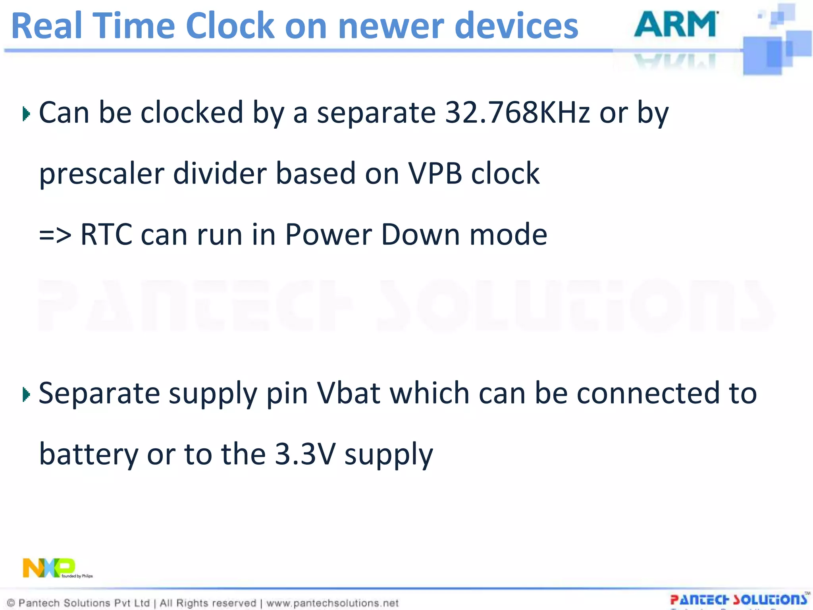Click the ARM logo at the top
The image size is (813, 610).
click(676, 25)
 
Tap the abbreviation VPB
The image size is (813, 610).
click(435, 174)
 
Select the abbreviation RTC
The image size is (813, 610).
click(106, 235)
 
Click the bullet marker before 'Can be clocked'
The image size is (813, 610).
click(26, 114)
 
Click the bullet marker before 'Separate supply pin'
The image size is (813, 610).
click(26, 395)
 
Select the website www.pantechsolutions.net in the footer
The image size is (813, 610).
click(332, 603)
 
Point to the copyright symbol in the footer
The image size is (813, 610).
click(11, 603)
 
